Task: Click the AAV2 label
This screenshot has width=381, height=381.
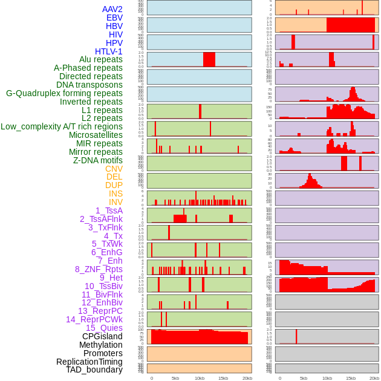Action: click(x=112, y=9)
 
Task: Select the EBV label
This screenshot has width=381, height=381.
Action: click(x=114, y=18)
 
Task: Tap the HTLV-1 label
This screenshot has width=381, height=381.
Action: click(x=109, y=51)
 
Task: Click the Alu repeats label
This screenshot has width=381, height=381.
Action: click(x=101, y=59)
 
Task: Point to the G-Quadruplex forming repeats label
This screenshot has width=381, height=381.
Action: click(x=64, y=93)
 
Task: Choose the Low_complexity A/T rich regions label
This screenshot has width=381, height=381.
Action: click(x=62, y=126)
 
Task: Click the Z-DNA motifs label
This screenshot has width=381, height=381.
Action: click(x=98, y=160)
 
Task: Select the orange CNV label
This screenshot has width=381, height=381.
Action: click(x=114, y=169)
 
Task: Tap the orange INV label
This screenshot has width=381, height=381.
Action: click(x=116, y=202)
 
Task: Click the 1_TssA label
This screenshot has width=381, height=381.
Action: click(x=109, y=210)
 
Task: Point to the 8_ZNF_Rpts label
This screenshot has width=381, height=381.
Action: click(x=99, y=269)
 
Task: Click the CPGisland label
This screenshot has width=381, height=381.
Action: click(x=102, y=336)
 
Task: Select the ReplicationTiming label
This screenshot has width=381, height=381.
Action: click(x=90, y=362)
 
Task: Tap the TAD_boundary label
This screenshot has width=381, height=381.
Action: click(x=94, y=370)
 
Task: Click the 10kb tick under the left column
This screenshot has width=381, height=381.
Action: click(x=200, y=378)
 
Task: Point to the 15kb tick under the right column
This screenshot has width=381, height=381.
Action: click(x=351, y=378)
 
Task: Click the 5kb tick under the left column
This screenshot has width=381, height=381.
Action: click(x=175, y=378)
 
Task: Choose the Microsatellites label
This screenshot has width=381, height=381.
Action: click(x=96, y=135)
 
